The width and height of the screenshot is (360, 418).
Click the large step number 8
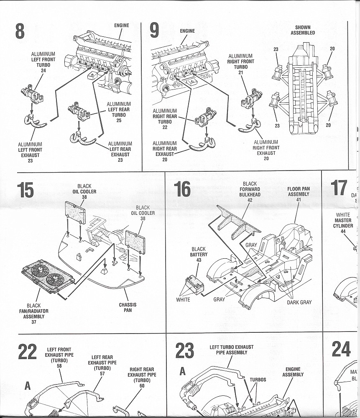[x=20, y=31]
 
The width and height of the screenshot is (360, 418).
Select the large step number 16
[x=182, y=189]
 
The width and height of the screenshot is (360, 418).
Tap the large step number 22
[x=27, y=352]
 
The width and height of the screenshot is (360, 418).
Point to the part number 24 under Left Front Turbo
[x=43, y=71]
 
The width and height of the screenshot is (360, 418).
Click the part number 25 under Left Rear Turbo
[x=119, y=120]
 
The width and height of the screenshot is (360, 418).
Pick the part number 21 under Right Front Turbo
[x=240, y=72]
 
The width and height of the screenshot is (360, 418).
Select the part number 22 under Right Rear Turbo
[x=165, y=127]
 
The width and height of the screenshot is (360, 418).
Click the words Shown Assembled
[x=303, y=30]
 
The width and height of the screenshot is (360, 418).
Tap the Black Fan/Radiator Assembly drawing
[x=48, y=276]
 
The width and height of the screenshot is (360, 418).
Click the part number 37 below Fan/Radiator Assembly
[x=34, y=322]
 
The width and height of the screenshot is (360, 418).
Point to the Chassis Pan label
[x=128, y=307]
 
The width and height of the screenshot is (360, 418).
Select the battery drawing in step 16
[x=194, y=284]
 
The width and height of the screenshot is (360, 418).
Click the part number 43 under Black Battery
[x=199, y=260]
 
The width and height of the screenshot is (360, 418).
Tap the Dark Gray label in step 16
[x=299, y=302]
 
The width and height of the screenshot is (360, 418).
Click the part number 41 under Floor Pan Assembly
[x=299, y=200]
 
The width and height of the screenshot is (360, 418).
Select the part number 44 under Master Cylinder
[x=343, y=232]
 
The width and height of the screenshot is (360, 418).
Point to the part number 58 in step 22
[x=59, y=366]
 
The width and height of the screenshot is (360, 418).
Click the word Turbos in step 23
[x=258, y=380]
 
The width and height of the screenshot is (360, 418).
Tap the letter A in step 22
[x=28, y=385]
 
